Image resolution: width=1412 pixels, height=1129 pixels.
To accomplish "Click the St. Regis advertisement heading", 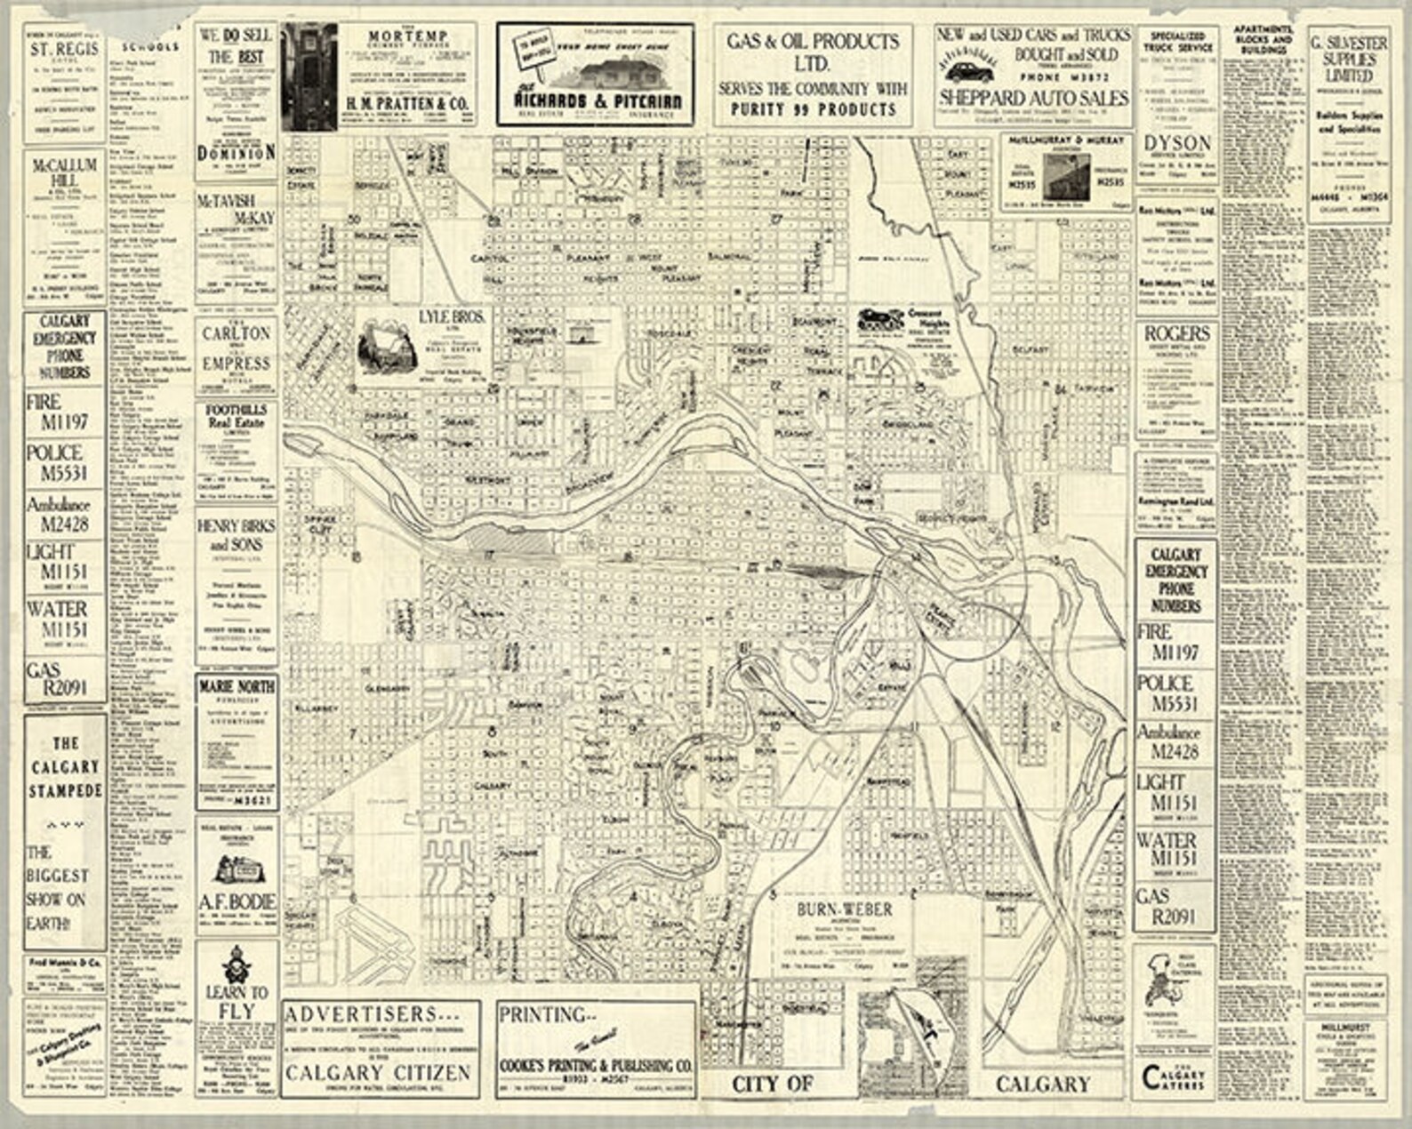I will coord(62,50).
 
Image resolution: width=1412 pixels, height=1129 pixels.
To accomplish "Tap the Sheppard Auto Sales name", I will coord(1033,97).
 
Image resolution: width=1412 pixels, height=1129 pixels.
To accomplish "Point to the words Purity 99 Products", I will coord(813,109).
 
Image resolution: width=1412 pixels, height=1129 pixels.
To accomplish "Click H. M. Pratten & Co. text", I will coord(406,104).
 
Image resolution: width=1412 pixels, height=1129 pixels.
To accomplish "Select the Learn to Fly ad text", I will coord(236,1001).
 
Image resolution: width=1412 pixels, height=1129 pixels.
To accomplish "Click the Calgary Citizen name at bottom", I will coord(378,1073).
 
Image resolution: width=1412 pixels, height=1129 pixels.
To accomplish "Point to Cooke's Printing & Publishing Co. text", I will coord(596,1064).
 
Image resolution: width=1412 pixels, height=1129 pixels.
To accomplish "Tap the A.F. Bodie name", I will coord(237,902).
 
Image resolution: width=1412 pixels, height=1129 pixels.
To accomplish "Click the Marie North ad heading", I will coord(237,687).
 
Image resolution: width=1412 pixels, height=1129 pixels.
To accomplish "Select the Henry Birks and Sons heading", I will coord(236,534).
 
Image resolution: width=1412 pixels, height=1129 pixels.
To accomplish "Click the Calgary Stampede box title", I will coord(65,766).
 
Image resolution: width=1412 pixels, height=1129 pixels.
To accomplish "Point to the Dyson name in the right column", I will coord(1177,143).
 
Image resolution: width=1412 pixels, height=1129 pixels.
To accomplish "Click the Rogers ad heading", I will coord(1176,333).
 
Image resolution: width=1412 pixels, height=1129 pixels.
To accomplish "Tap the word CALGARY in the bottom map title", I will coord(1042,1084).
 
